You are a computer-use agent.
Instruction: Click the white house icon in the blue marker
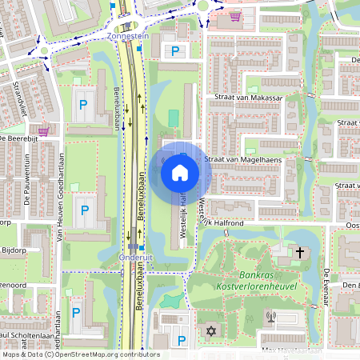180,171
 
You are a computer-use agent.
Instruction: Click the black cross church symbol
300,253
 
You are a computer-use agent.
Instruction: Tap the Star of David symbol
213,331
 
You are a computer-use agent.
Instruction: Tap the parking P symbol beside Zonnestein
175,51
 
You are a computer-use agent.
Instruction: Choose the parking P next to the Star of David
182,341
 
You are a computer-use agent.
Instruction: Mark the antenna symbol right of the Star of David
271,316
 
